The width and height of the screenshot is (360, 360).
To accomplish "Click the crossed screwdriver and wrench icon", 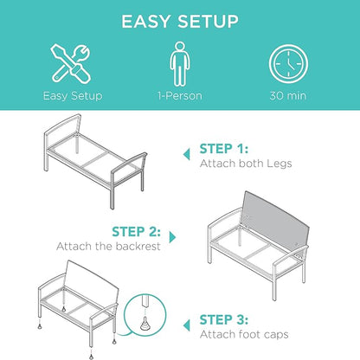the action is tap(71, 64).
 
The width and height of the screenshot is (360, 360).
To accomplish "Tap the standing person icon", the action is tap(180, 64).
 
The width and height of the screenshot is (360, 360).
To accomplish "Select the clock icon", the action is tap(288, 64).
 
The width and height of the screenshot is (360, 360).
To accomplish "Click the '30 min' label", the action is tap(288, 96).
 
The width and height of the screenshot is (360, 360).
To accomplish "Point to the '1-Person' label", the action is tap(180, 96).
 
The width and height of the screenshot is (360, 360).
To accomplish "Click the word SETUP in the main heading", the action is tap(208, 22).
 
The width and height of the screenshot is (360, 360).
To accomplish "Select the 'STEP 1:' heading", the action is tap(224, 149).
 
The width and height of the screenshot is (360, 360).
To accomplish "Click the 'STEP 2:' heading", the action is tap(136, 232).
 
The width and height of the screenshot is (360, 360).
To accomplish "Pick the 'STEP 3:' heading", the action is tap(224, 319).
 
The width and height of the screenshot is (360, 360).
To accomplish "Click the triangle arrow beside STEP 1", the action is tap(187, 154).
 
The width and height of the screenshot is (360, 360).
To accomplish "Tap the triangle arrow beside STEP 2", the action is tap(172, 237).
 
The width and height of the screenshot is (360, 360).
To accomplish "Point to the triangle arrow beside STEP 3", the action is tap(187, 325).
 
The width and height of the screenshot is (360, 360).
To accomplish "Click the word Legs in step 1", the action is tap(279, 164).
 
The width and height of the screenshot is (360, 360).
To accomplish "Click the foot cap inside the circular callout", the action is tap(145, 324).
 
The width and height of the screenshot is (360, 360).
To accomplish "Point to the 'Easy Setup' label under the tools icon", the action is tap(73, 96).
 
